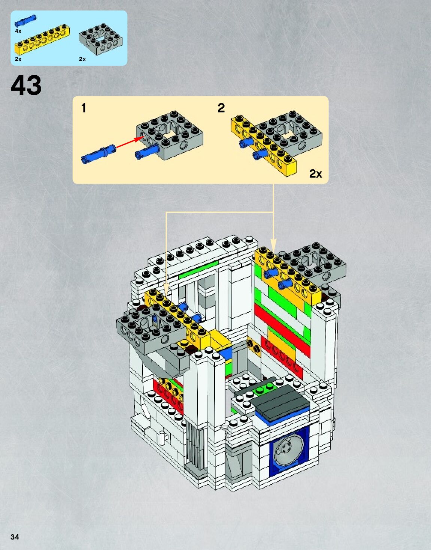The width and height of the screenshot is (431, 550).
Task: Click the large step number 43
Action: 26,85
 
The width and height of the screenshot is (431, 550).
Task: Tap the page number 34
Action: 15,537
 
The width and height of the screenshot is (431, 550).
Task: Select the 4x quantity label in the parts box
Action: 18,31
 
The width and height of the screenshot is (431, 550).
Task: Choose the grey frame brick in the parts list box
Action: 101,39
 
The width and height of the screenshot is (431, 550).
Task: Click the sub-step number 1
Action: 84,108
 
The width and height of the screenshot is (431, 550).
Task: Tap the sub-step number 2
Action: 221,108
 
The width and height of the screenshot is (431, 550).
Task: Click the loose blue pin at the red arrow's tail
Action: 98,154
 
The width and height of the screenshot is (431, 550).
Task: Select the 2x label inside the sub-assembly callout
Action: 315,174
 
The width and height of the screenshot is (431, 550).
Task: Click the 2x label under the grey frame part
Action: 82,59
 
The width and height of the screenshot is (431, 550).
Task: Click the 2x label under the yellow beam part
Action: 18,59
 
